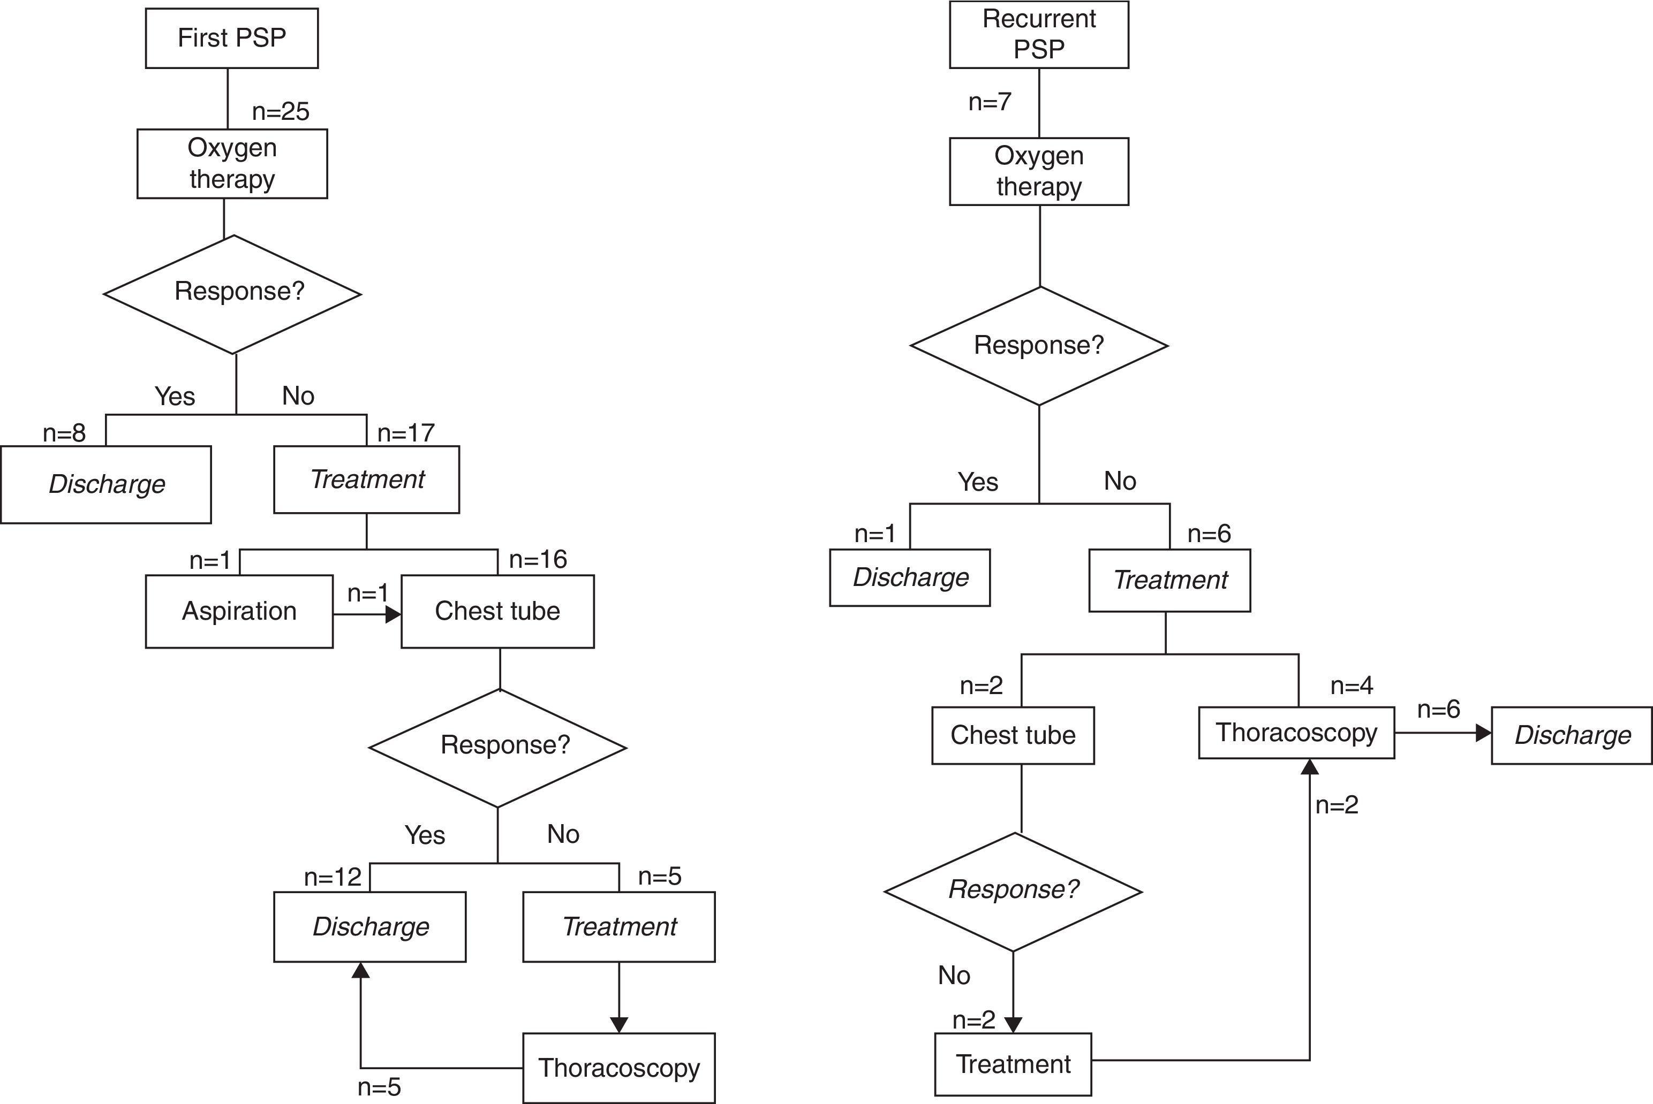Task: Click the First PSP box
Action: point(232,38)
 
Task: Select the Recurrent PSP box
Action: point(1039,34)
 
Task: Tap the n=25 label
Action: point(280,111)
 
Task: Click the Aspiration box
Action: point(239,611)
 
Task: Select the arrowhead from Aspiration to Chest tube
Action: point(393,615)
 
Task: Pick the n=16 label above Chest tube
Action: point(538,560)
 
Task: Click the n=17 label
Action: point(406,433)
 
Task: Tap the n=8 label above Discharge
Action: point(64,433)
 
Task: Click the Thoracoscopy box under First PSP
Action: point(618,1068)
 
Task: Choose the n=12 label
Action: point(333,877)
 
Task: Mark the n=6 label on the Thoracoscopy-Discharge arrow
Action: point(1438,709)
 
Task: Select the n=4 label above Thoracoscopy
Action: point(1352,686)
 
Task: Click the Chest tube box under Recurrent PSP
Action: point(1013,735)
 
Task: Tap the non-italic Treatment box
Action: point(1013,1064)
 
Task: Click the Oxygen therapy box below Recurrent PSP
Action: point(1039,171)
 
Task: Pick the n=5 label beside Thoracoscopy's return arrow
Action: point(379,1087)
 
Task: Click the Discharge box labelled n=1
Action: point(910,577)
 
